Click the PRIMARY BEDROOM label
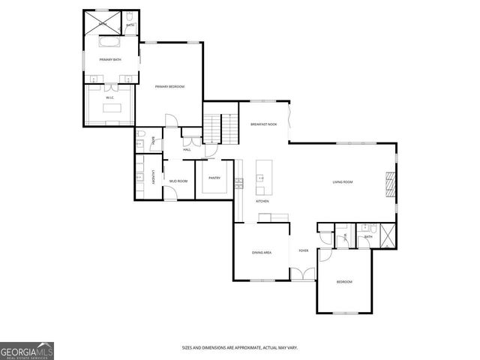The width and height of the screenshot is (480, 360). coord(169,87)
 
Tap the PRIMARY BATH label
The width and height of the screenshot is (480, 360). coord(111,59)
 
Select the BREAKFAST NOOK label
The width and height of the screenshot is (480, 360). coord(263,124)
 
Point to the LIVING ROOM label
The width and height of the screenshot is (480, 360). coord(343,182)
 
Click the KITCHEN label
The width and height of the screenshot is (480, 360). coord(262,202)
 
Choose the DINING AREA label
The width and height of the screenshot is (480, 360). coord(261,253)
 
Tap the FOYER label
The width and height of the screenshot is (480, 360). coord(304,250)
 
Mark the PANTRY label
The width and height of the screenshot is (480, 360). coord(214,178)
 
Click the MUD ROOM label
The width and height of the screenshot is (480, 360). coord(178,181)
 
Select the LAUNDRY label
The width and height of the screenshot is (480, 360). coord(153,178)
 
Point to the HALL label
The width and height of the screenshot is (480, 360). coord(187,150)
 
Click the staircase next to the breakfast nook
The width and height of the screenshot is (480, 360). coord(215,127)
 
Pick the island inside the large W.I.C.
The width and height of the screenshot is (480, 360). coord(112,108)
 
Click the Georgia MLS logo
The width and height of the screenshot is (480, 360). coord(26,350)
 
